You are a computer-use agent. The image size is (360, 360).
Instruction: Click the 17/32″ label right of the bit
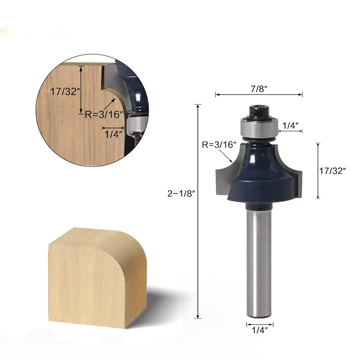(333, 171)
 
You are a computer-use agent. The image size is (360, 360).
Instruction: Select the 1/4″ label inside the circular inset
(113, 134)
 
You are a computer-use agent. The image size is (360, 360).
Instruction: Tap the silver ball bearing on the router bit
(258, 128)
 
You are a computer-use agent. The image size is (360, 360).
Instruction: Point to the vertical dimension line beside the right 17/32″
(318, 171)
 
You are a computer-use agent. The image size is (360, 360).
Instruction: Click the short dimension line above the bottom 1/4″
(260, 324)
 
